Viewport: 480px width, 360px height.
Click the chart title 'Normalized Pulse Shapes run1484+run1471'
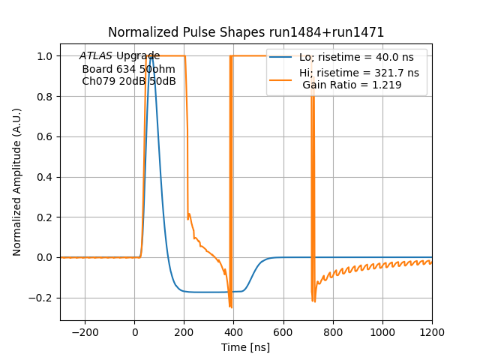[x=246, y=32]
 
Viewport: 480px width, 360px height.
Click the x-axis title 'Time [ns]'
[x=246, y=347]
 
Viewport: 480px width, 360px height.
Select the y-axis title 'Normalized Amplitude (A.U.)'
[x=17, y=182]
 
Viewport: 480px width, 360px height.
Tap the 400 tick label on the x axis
[x=234, y=331]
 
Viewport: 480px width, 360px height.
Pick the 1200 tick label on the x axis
[x=432, y=331]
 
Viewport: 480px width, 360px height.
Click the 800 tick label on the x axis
[x=333, y=331]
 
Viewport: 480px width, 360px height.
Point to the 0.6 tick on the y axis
[x=45, y=137]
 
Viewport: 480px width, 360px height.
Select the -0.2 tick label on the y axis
[x=41, y=298]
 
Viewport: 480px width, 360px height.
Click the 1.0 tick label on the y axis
[x=45, y=56]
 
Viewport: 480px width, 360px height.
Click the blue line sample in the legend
[x=281, y=56]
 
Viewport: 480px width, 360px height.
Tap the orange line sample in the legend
[x=281, y=73]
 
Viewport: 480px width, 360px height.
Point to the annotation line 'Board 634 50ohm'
[x=128, y=69]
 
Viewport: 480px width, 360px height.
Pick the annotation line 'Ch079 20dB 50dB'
[x=128, y=81]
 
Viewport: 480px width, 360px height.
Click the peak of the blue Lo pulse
[x=151, y=57]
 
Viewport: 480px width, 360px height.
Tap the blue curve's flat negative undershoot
[x=210, y=292]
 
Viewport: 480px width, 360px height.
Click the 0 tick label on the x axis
[x=135, y=331]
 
